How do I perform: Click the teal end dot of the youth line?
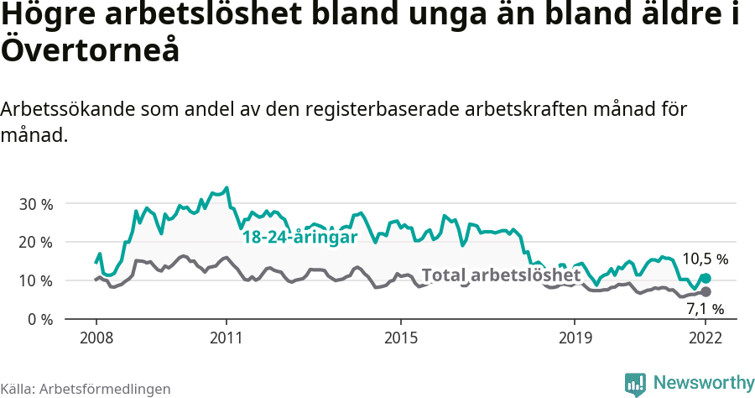click(x=706, y=278)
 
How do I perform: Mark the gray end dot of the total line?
click(x=706, y=291)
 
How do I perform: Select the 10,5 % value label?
click(x=705, y=259)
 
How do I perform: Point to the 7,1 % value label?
click(x=705, y=310)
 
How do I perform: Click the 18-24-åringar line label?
click(x=299, y=238)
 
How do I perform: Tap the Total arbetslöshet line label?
click(x=501, y=275)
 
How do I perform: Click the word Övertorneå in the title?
click(x=91, y=50)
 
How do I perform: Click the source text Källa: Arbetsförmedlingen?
click(x=86, y=389)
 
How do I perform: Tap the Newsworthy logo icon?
click(x=635, y=384)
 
